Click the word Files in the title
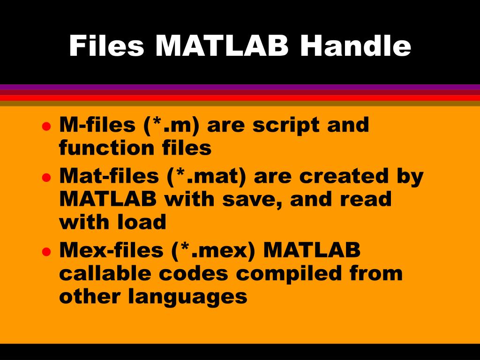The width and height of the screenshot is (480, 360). coord(106,46)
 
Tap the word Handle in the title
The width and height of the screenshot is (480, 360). coord(356,46)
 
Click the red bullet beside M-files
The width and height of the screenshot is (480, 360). coord(46,126)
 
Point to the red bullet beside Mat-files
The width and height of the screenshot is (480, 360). coord(46,177)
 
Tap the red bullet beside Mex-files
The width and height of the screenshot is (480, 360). coord(46,251)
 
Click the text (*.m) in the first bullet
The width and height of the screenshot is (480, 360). coord(171,126)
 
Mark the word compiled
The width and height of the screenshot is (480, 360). coord(292,273)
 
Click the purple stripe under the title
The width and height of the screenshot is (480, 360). coord(240,87)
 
